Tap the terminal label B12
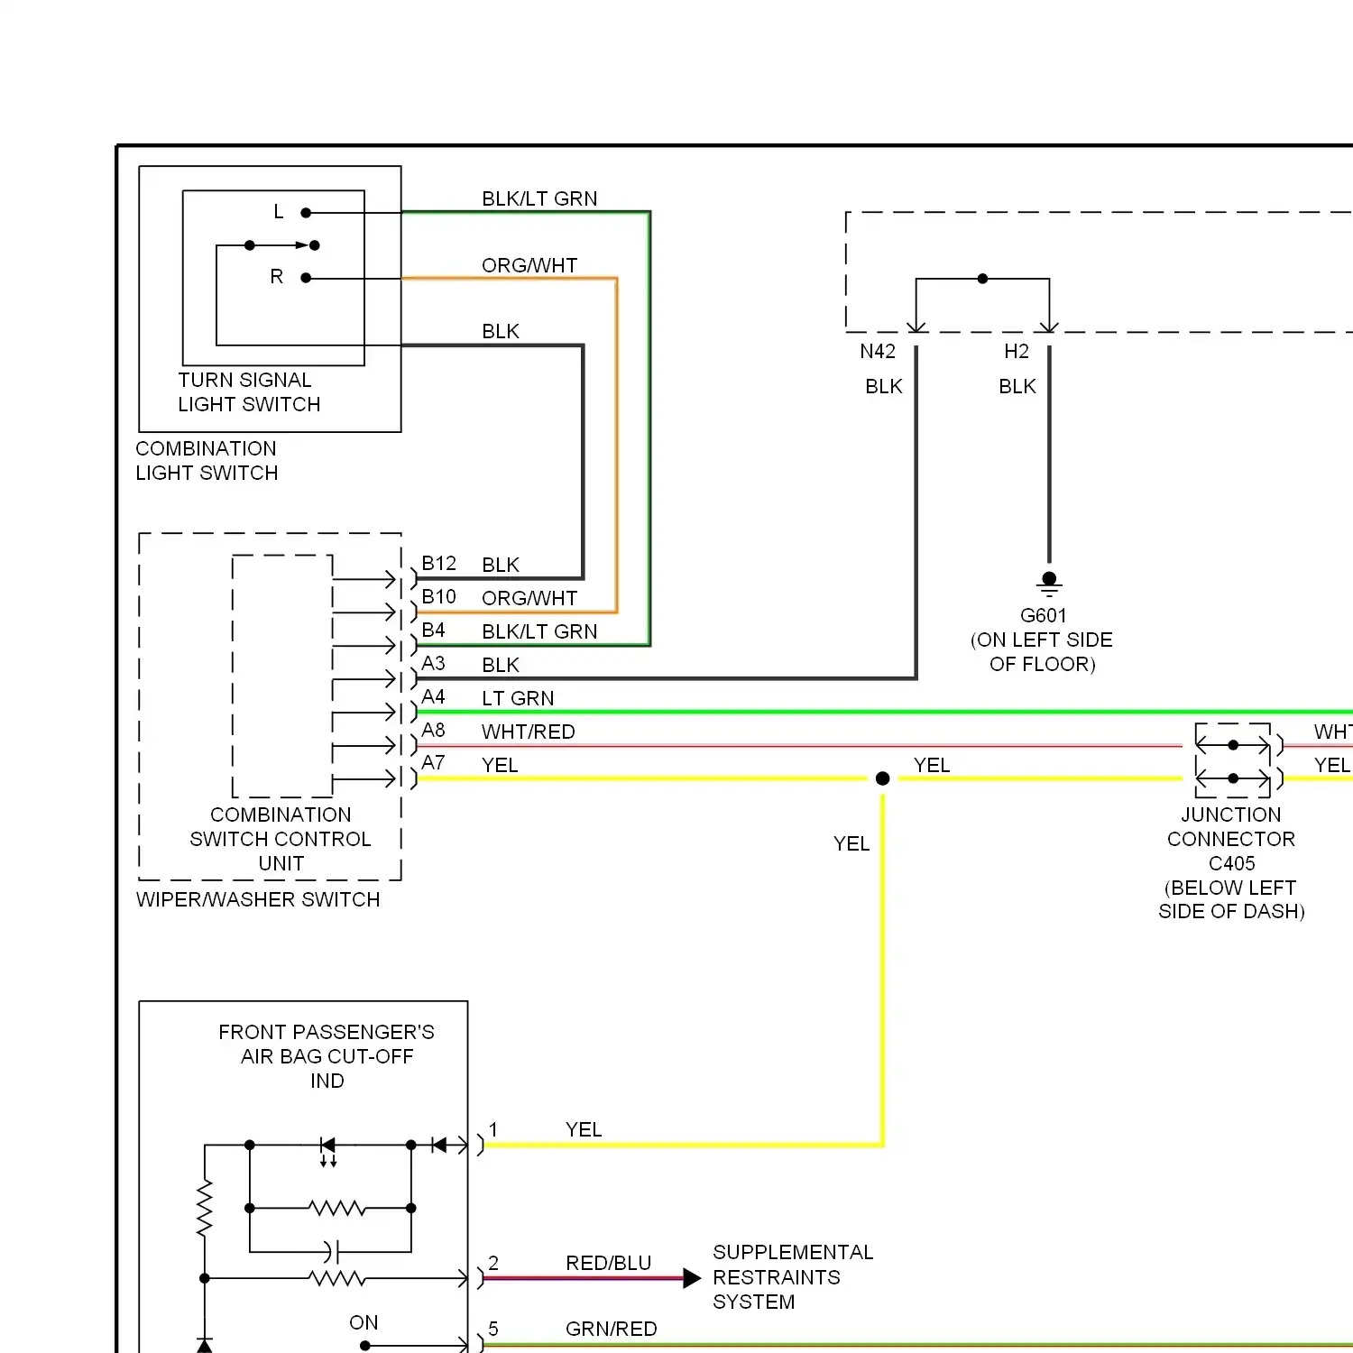pyautogui.click(x=438, y=564)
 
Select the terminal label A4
pyautogui.click(x=433, y=697)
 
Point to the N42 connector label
pyautogui.click(x=878, y=352)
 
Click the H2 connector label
pyautogui.click(x=1017, y=352)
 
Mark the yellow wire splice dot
pyautogui.click(x=883, y=778)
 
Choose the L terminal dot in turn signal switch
pyautogui.click(x=306, y=213)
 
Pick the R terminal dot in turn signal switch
pyautogui.click(x=306, y=278)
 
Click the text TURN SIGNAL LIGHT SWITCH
pyautogui.click(x=249, y=392)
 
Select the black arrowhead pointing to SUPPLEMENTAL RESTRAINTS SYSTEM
pyautogui.click(x=692, y=1278)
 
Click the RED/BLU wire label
pyautogui.click(x=608, y=1264)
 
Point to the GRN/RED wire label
pyautogui.click(x=611, y=1330)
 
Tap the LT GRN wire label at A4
pyautogui.click(x=518, y=699)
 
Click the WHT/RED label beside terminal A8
pyautogui.click(x=528, y=732)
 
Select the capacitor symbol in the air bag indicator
pyautogui.click(x=331, y=1252)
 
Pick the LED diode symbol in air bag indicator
pyautogui.click(x=328, y=1146)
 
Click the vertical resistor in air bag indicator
pyautogui.click(x=205, y=1208)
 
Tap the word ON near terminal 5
pyautogui.click(x=364, y=1323)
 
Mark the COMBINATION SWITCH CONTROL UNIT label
pyautogui.click(x=281, y=839)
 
